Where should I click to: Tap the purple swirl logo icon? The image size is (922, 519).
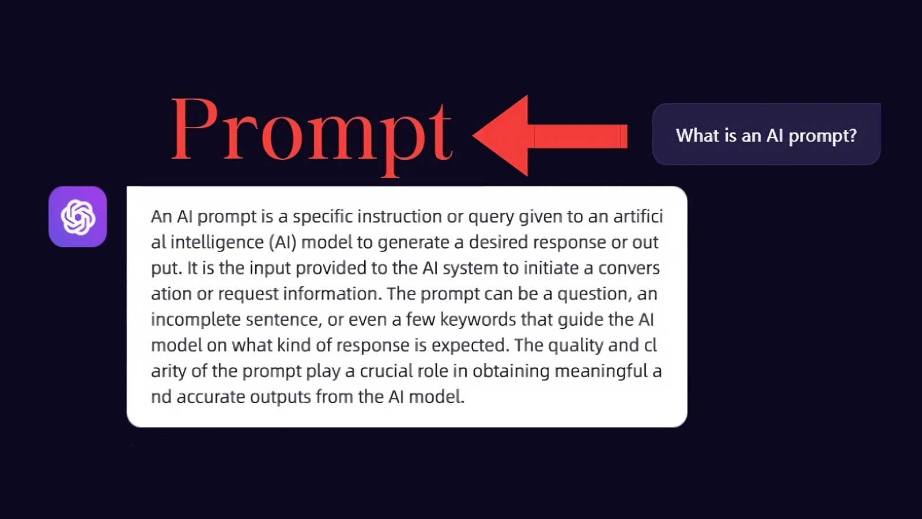coord(78,217)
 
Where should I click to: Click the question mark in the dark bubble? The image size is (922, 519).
coord(852,136)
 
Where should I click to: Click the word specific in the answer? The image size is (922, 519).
coord(323,217)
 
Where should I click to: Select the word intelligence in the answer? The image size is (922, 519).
coord(217,243)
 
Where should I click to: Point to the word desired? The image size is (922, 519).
coord(498,242)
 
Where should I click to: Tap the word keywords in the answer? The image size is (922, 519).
coord(478,319)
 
